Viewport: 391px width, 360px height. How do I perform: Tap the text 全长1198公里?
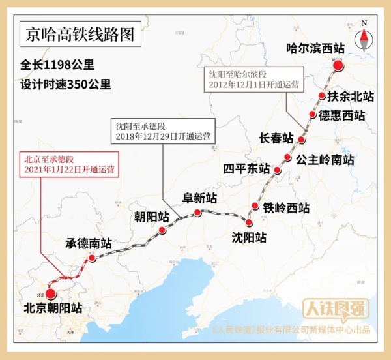pos(57,66)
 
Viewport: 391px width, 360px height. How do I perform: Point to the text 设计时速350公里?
pos(65,84)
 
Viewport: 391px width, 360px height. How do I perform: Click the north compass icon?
pos(364,38)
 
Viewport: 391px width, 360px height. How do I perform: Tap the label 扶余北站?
pos(351,97)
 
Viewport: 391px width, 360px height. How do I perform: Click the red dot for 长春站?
pos(301,140)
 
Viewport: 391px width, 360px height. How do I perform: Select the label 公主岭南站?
pos(325,159)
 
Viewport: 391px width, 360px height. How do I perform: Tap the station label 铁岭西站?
pos(286,208)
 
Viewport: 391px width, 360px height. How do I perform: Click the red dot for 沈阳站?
pos(249,222)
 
